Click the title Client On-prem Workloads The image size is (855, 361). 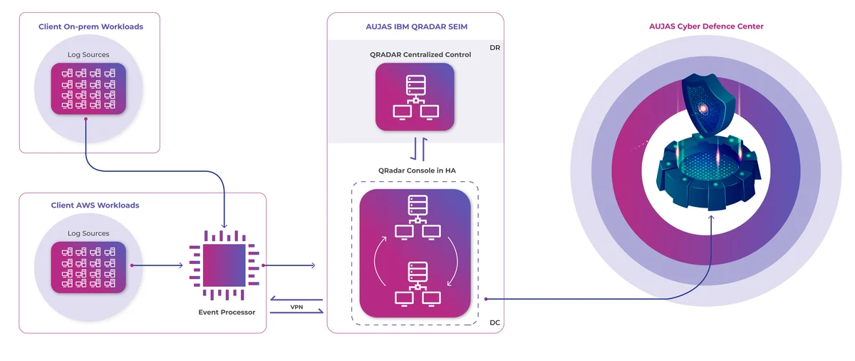click(91, 26)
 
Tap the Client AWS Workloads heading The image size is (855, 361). click(95, 205)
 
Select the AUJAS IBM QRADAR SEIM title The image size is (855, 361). click(416, 26)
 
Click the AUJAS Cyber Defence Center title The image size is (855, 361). click(706, 26)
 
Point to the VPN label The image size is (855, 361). click(296, 307)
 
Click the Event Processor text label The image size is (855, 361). click(227, 312)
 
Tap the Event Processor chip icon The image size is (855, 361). click(224, 265)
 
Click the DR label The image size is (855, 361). click(494, 48)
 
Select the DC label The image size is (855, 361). click(494, 322)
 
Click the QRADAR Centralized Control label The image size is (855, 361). click(420, 55)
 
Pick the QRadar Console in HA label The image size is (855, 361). click(417, 171)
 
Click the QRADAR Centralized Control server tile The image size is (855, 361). click(415, 97)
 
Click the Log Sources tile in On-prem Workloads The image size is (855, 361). click(88, 88)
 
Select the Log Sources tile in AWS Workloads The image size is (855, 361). click(88, 268)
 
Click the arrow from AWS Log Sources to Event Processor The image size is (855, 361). click(157, 265)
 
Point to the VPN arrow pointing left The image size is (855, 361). click(296, 300)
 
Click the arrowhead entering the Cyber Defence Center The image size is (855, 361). click(711, 218)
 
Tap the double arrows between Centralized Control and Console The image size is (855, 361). click(419, 149)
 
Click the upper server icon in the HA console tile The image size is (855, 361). click(418, 218)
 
